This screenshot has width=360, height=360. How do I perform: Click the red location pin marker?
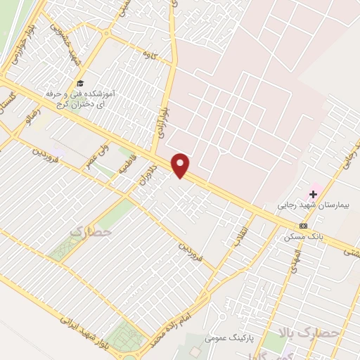point(181,165)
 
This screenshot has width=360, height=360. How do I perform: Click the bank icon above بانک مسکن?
point(303,226)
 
